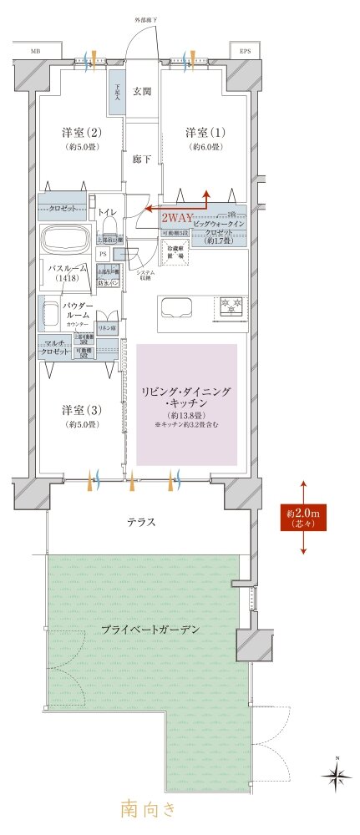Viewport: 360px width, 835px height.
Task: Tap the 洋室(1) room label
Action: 203,134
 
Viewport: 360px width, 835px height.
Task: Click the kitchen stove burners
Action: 231,306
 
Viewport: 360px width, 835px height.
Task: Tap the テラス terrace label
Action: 140,522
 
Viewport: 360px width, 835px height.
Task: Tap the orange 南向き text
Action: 149,808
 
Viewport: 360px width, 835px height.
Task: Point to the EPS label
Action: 245,51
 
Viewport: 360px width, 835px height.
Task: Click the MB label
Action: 35,51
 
